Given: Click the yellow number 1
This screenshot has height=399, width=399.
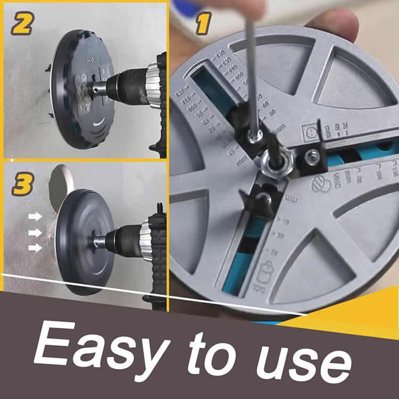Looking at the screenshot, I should [203, 23].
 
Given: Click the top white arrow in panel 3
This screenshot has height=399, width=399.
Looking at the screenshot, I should [36, 217].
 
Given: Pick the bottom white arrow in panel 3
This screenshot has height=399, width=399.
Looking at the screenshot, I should [36, 248].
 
